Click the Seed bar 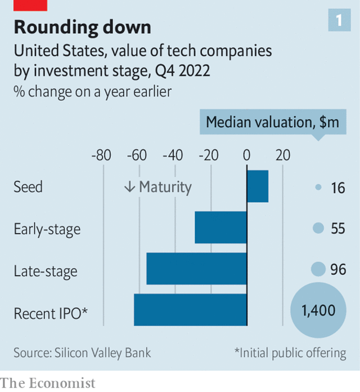coord(258,186)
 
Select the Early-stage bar coord(221,228)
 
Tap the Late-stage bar coord(197,269)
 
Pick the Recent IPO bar coord(191,310)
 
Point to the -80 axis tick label coord(101,155)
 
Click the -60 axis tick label coord(138,155)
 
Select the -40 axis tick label coord(174,155)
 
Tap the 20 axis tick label coord(283,155)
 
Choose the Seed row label coord(28,187)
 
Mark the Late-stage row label coord(46,271)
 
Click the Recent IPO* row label coord(51,313)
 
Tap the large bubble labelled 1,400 coord(318,310)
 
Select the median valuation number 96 coord(338,270)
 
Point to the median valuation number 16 coord(338,188)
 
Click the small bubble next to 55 coord(318,228)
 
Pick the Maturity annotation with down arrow coord(158,187)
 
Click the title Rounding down coord(82,27)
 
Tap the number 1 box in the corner coord(339,21)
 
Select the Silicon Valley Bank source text coord(82,353)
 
